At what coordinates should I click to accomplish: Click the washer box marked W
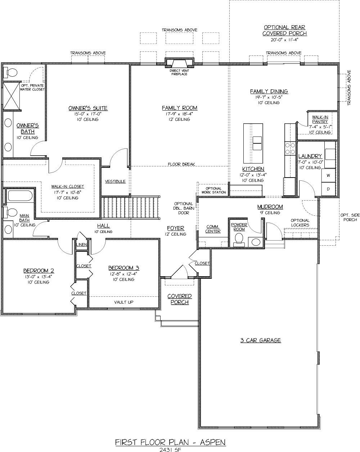click(x=328, y=175)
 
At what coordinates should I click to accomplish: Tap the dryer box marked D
click(x=328, y=189)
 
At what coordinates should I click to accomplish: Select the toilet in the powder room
click(x=239, y=240)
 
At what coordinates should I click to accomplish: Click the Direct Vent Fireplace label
click(x=179, y=72)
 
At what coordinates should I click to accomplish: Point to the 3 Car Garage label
click(x=261, y=340)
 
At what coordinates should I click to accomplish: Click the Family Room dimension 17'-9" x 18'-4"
click(x=180, y=114)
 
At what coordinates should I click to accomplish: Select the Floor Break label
click(x=181, y=164)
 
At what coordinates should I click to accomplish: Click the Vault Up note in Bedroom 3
click(x=123, y=302)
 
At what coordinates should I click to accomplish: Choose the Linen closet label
click(x=81, y=245)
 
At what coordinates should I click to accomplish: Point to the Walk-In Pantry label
click(x=320, y=119)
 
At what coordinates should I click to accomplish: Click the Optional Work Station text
click(x=214, y=190)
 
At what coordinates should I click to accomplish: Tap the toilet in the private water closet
click(x=11, y=73)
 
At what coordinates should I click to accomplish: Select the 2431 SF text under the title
click(x=170, y=449)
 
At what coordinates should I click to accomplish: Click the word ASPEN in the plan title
click(x=213, y=442)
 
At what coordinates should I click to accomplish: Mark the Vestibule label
click(x=115, y=181)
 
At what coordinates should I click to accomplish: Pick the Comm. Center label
click(x=213, y=229)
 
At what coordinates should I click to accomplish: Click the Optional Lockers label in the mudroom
click(x=300, y=223)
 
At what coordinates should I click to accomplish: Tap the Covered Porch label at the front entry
click(x=180, y=299)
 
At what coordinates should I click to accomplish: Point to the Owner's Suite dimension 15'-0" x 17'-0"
click(x=88, y=114)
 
